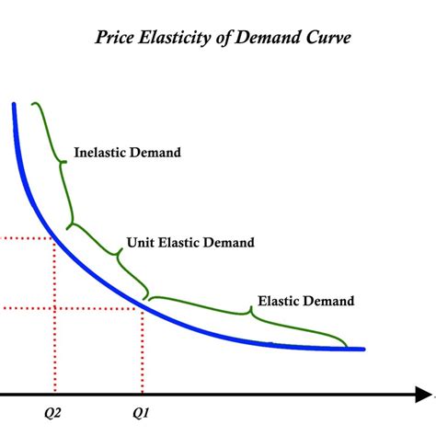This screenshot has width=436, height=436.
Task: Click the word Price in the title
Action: click(117, 40)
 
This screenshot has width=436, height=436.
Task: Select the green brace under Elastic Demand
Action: click(248, 314)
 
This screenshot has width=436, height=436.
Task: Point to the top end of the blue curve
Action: click(15, 105)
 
